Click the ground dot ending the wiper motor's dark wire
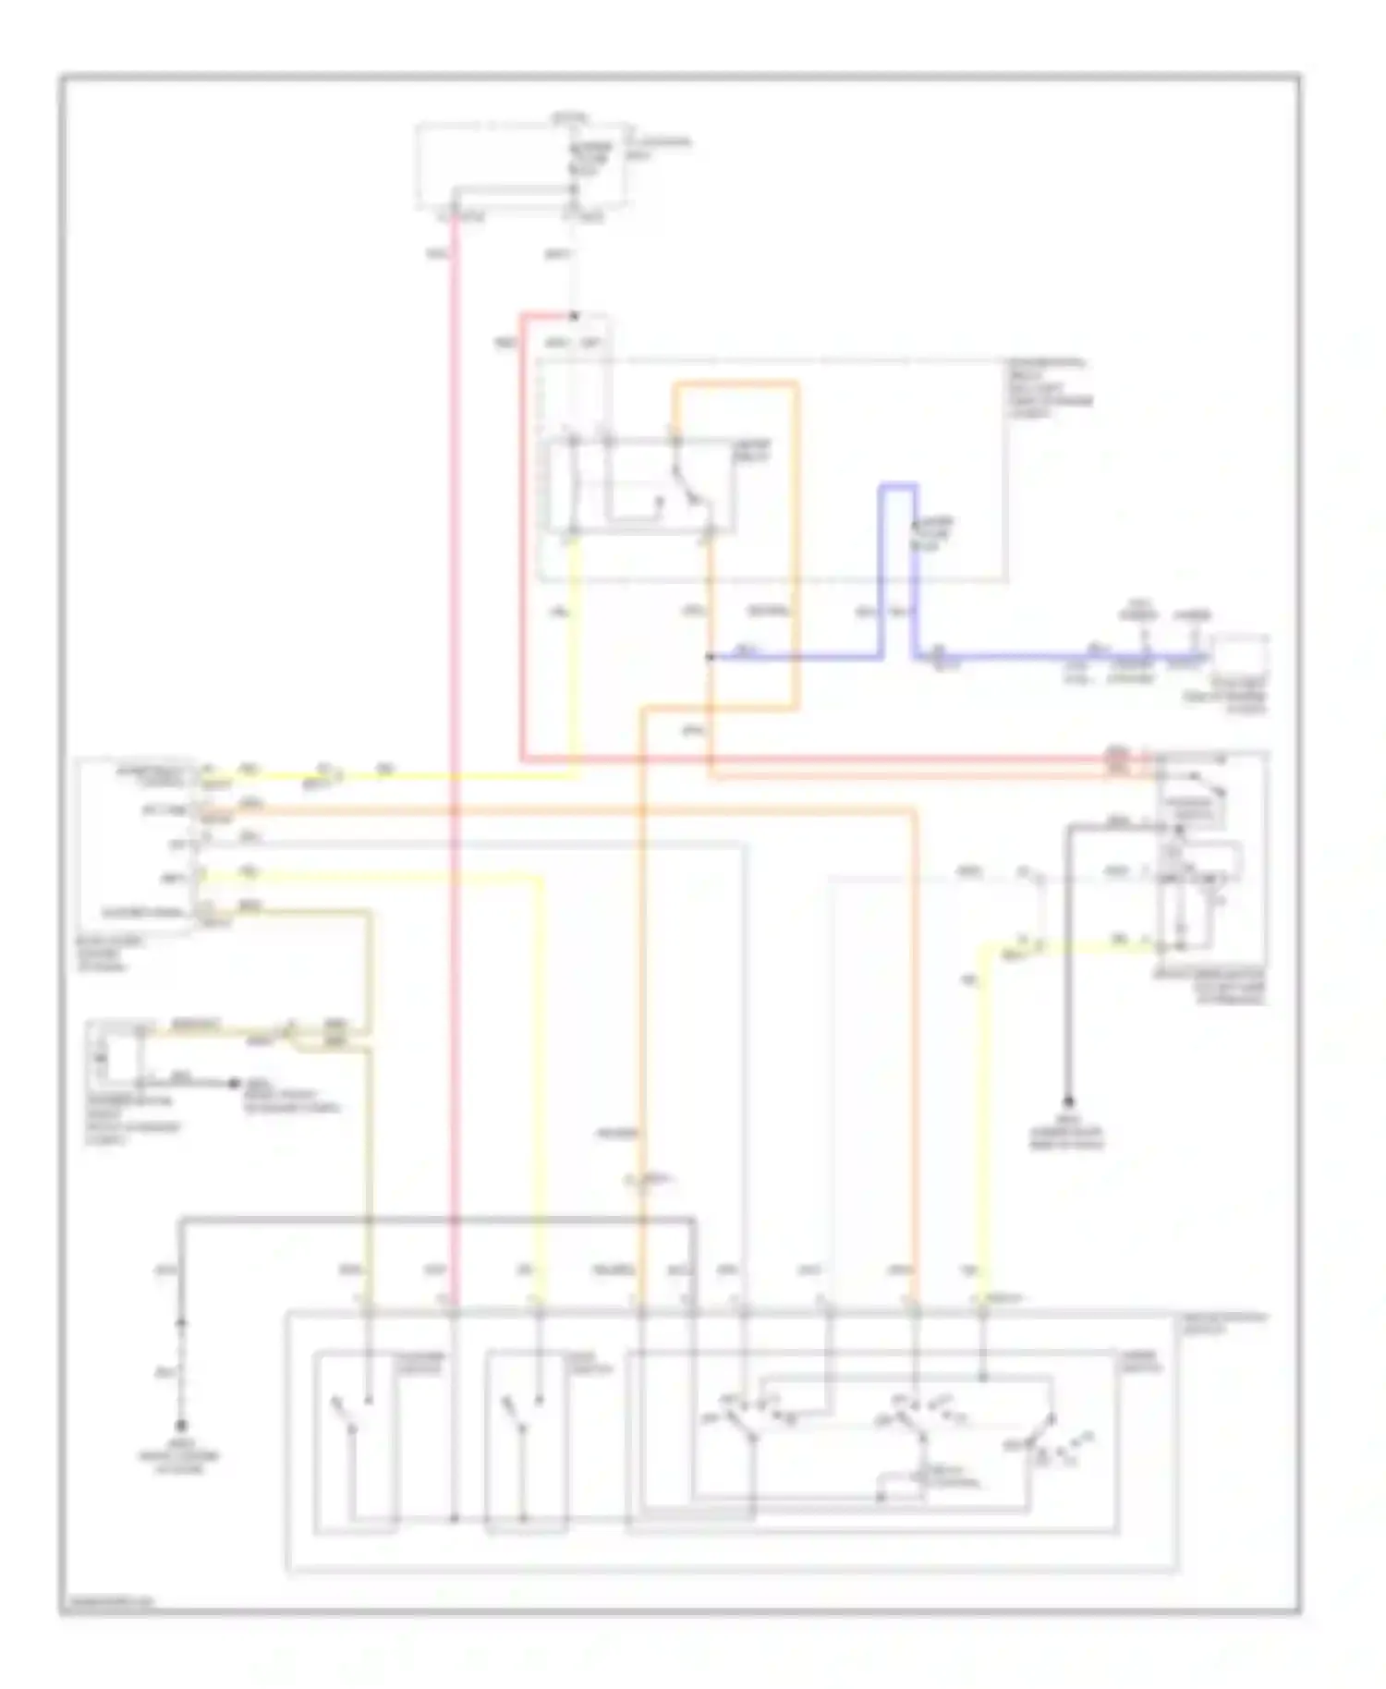click(x=1068, y=1101)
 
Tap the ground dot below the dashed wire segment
click(x=181, y=1426)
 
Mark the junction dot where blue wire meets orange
click(x=710, y=658)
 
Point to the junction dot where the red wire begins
click(x=574, y=316)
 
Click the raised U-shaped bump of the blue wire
click(x=897, y=487)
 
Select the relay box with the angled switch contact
click(x=641, y=486)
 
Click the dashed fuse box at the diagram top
click(x=523, y=164)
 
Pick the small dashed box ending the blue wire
click(x=1240, y=658)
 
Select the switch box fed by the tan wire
click(x=356, y=1441)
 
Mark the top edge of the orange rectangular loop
click(x=736, y=384)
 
